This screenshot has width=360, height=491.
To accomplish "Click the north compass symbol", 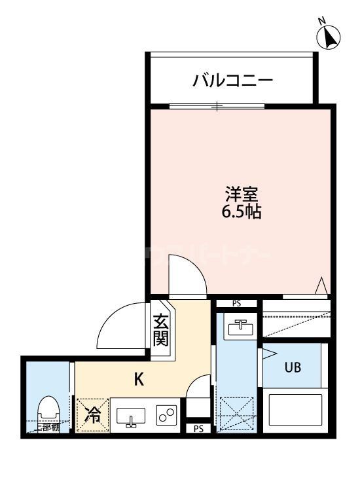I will pyautogui.click(x=330, y=37).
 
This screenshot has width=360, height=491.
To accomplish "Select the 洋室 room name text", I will pyautogui.click(x=242, y=194).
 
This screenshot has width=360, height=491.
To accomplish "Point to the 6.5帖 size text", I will pyautogui.click(x=242, y=212).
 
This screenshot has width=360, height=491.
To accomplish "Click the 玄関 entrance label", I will pyautogui.click(x=161, y=330).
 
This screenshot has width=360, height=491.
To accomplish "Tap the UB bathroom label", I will pyautogui.click(x=292, y=367).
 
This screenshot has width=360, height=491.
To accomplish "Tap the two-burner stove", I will pyautogui.click(x=166, y=415).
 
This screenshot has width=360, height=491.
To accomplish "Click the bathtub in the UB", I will pyautogui.click(x=293, y=411).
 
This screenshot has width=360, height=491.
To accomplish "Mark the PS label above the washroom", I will pyautogui.click(x=236, y=304).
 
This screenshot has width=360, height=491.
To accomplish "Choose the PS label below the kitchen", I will pyautogui.click(x=198, y=429).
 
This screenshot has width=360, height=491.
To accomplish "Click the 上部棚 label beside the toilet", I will pyautogui.click(x=47, y=428).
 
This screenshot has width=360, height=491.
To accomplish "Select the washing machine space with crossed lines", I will pyautogui.click(x=236, y=414).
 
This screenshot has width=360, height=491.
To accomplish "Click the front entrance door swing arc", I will pyautogui.click(x=121, y=327).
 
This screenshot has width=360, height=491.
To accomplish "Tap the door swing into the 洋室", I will pyautogui.click(x=187, y=275).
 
